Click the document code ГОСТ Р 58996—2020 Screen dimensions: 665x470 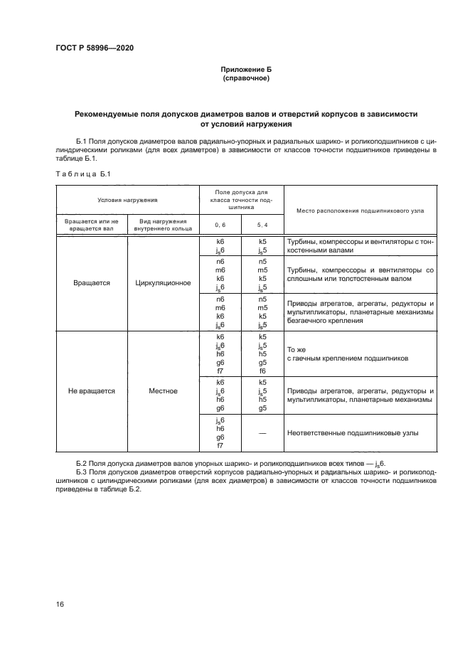[x=95, y=48]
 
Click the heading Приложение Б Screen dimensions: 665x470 [x=246, y=70]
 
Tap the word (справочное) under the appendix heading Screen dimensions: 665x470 [x=246, y=78]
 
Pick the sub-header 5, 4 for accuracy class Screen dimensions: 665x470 [x=262, y=225]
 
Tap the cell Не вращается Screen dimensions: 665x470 [x=92, y=390]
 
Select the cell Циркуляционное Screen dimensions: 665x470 [x=163, y=282]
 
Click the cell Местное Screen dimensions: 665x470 [x=163, y=390]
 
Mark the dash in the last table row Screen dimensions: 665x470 [x=262, y=432]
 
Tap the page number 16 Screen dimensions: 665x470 [x=60, y=604]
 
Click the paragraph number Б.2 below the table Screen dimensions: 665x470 [x=82, y=463]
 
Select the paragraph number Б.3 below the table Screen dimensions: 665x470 [x=82, y=472]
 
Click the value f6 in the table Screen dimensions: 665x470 [x=262, y=371]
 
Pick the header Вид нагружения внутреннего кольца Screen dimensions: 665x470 [x=163, y=225]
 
